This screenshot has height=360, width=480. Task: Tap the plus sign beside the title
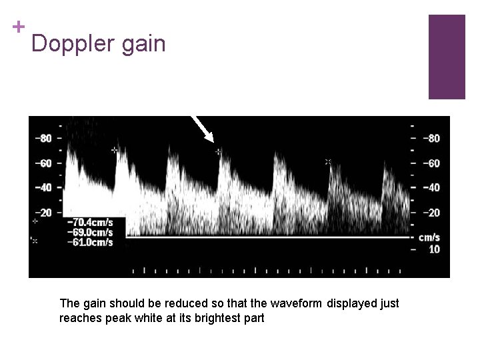(19, 27)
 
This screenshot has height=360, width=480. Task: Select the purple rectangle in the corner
(446, 57)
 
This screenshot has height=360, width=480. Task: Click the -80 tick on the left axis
(43, 139)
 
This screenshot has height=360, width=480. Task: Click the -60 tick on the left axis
(43, 163)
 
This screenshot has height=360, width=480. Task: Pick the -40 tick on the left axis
(43, 188)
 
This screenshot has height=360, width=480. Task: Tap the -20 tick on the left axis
(43, 213)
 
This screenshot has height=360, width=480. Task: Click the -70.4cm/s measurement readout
(91, 222)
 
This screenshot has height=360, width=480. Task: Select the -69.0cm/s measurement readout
(91, 232)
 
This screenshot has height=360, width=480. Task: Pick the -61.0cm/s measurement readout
(91, 242)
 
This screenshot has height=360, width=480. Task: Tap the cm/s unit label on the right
(429, 237)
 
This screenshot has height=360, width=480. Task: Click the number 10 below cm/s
(434, 249)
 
